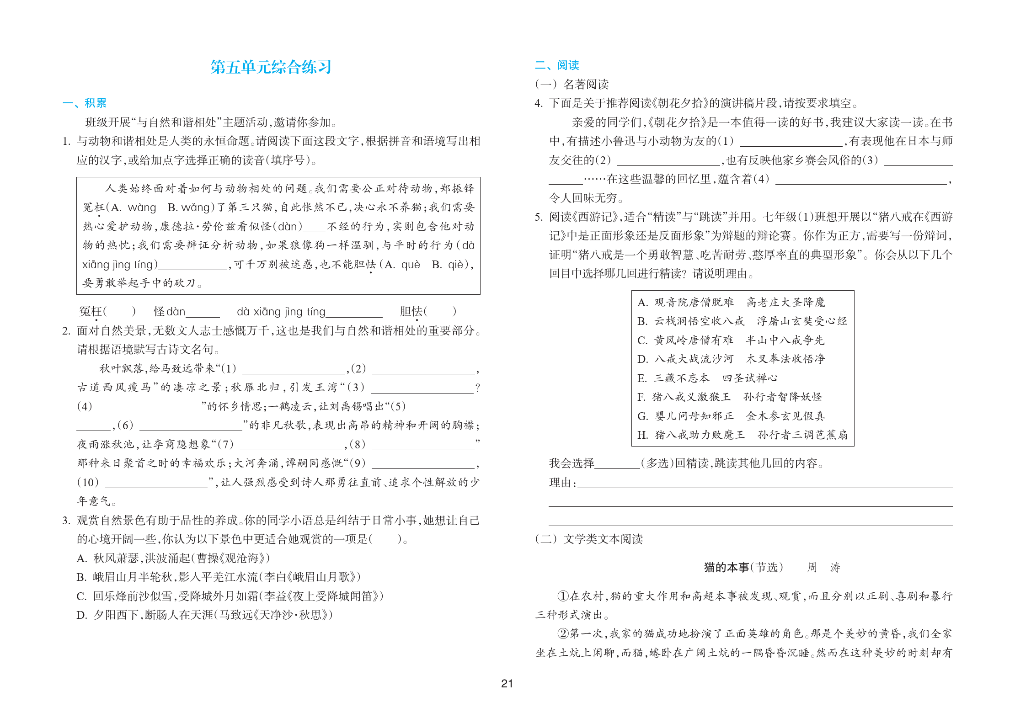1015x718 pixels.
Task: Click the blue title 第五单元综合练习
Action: coord(271,67)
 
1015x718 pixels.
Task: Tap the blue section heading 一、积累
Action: coord(85,103)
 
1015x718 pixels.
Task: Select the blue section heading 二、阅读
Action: coord(557,65)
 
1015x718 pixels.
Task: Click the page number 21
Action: coord(507,684)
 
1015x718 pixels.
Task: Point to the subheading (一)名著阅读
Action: coord(572,85)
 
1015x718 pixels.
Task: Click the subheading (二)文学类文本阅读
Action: coord(589,539)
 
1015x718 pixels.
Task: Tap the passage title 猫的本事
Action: coord(727,568)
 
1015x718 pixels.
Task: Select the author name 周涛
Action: coord(823,568)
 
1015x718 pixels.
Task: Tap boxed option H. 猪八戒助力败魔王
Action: coord(742,435)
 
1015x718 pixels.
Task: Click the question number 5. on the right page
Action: coord(539,217)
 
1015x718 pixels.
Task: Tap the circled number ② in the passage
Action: coord(563,634)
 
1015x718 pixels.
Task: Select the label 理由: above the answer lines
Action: coord(562,483)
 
